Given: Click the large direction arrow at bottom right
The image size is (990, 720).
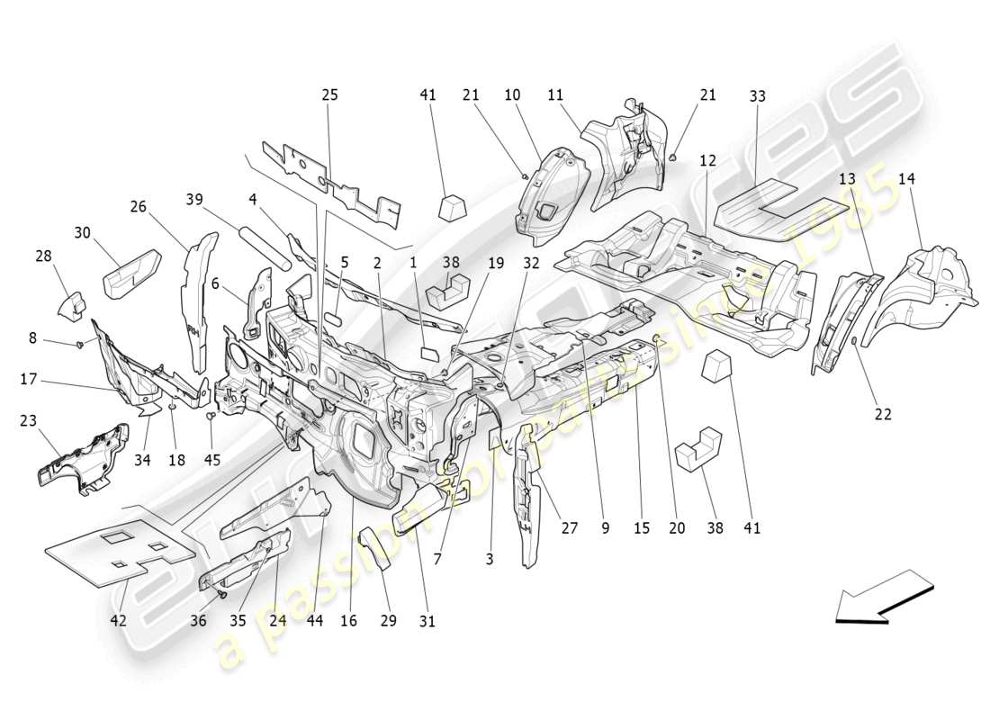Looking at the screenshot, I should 885,598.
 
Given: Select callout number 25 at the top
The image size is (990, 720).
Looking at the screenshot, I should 330,94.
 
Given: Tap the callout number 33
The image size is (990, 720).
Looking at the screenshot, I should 757,95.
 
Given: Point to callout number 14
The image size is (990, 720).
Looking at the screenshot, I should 905,179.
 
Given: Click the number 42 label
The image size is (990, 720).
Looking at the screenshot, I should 119,619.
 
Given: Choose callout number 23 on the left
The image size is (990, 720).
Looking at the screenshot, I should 30,419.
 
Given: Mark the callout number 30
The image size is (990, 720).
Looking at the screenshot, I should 83,232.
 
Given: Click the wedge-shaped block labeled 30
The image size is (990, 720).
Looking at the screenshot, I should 130,273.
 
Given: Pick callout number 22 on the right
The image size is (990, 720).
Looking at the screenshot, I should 883,414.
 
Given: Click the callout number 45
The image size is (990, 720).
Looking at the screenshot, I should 211,460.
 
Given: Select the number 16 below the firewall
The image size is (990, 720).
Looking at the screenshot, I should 349,620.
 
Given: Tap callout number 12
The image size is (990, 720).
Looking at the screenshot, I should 708,160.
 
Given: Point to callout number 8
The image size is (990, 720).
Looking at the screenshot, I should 32,338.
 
